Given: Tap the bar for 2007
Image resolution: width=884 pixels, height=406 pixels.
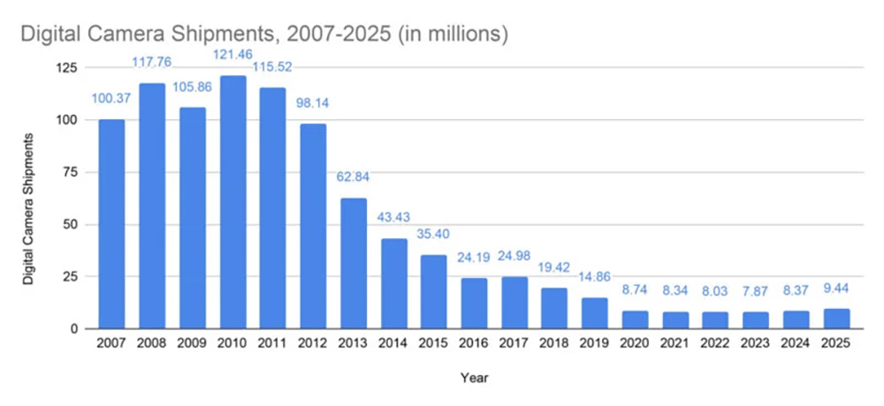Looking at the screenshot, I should [111, 224].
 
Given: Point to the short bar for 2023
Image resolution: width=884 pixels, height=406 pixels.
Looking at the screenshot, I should [757, 320].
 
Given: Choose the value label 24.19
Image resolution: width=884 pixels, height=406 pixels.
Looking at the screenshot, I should [475, 259].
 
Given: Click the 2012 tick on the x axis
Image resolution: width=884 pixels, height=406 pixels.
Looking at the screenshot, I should [313, 344].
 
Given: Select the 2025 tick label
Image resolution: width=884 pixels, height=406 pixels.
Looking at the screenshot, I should [837, 344].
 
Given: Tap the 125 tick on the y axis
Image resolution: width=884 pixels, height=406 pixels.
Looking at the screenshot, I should [67, 68].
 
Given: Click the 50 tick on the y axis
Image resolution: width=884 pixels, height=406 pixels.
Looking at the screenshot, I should [71, 224].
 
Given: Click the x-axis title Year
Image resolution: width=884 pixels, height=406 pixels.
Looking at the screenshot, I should [474, 378].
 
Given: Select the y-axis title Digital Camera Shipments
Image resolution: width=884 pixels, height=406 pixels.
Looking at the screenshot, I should [29, 208].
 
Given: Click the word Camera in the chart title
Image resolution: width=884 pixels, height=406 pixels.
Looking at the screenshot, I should [135, 35].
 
